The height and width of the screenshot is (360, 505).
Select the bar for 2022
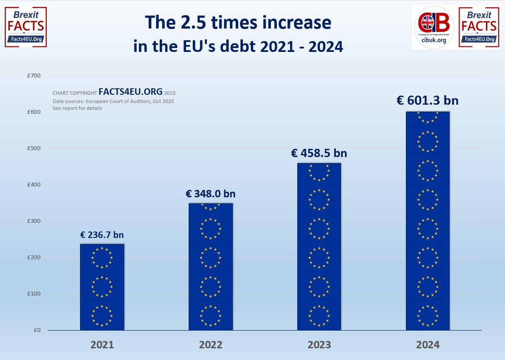click(x=211, y=267)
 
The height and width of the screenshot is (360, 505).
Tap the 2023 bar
click(x=319, y=247)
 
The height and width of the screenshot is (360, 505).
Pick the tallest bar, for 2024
click(x=428, y=221)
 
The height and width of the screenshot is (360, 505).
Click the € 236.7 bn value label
click(x=102, y=235)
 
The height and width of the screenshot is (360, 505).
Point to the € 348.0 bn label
click(x=211, y=194)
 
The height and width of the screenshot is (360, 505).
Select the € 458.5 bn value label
click(x=319, y=153)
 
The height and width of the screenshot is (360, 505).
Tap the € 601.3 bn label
click(x=428, y=100)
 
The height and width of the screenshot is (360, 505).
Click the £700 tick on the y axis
click(x=34, y=76)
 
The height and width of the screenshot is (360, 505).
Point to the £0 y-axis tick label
click(x=37, y=330)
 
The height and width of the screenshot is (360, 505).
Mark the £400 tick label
click(x=34, y=185)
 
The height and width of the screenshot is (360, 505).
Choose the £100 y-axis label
click(x=34, y=294)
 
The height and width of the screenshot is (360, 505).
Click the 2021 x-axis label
click(x=102, y=345)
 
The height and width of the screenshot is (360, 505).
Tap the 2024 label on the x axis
click(x=428, y=345)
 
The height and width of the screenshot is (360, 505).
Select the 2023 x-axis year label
click(x=319, y=345)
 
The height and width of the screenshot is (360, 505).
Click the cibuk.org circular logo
click(x=434, y=27)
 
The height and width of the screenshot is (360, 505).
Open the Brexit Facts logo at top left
click(x=26, y=27)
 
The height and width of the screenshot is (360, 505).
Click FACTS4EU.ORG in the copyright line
click(x=131, y=92)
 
